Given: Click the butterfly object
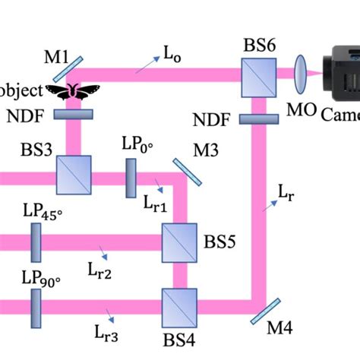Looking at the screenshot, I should tap(74, 91).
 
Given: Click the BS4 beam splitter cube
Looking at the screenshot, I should tap(180, 303).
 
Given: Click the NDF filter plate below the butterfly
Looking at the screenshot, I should tap(74, 115).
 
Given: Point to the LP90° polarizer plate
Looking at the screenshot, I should tap(36, 303).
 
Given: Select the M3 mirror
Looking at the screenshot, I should tap(187, 172).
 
